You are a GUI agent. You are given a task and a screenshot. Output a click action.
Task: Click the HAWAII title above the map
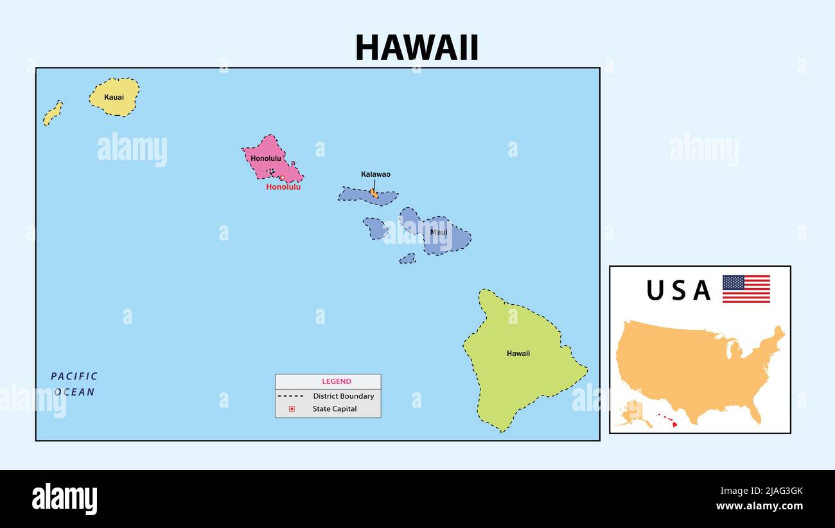(417, 47)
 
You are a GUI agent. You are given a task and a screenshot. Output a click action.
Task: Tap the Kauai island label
(114, 97)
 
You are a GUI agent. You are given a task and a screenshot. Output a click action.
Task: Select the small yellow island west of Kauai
(53, 113)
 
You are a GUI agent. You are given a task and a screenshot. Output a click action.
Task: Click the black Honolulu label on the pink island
(266, 158)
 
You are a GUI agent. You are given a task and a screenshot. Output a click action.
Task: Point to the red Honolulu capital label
(283, 187)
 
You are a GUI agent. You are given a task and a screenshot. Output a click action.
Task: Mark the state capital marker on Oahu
(282, 178)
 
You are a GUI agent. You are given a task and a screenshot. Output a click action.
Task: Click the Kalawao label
(376, 174)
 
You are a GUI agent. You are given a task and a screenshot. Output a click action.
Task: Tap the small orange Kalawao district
(374, 192)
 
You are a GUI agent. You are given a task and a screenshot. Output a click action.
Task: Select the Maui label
(439, 232)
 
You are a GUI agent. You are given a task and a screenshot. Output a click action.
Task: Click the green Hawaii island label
(518, 353)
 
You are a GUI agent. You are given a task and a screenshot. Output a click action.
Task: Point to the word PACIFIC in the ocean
(75, 376)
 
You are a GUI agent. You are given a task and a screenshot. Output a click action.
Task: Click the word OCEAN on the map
(75, 392)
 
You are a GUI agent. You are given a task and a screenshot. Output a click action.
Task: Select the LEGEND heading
(337, 381)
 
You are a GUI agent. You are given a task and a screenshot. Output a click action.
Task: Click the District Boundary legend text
(343, 396)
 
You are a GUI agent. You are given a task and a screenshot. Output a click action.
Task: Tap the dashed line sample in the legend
(292, 396)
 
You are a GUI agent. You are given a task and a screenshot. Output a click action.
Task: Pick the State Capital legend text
(335, 408)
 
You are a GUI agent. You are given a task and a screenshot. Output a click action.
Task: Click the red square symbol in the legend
(292, 408)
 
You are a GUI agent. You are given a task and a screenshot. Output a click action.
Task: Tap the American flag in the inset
(746, 289)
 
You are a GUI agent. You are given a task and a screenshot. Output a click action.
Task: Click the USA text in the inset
(678, 291)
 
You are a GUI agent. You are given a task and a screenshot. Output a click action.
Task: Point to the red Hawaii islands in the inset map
(668, 419)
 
